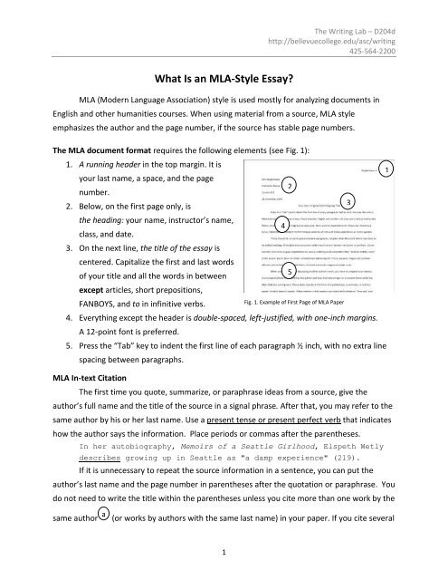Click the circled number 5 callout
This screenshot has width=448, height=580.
coord(287,272)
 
